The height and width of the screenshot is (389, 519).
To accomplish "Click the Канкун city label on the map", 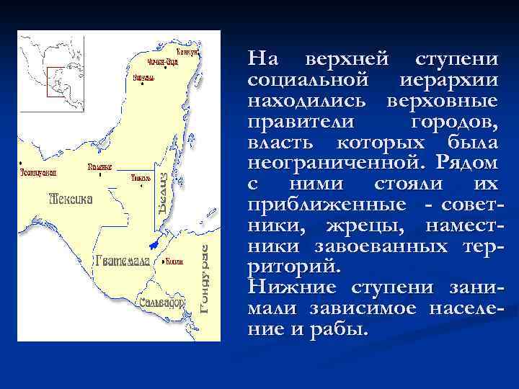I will click(x=188, y=52).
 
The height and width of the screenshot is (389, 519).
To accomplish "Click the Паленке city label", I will click(x=99, y=166).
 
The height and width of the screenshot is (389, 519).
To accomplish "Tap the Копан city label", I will click(x=174, y=261).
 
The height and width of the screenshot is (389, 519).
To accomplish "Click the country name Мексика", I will click(x=70, y=198).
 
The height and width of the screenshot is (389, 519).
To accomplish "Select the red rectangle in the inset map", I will click(x=56, y=81).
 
